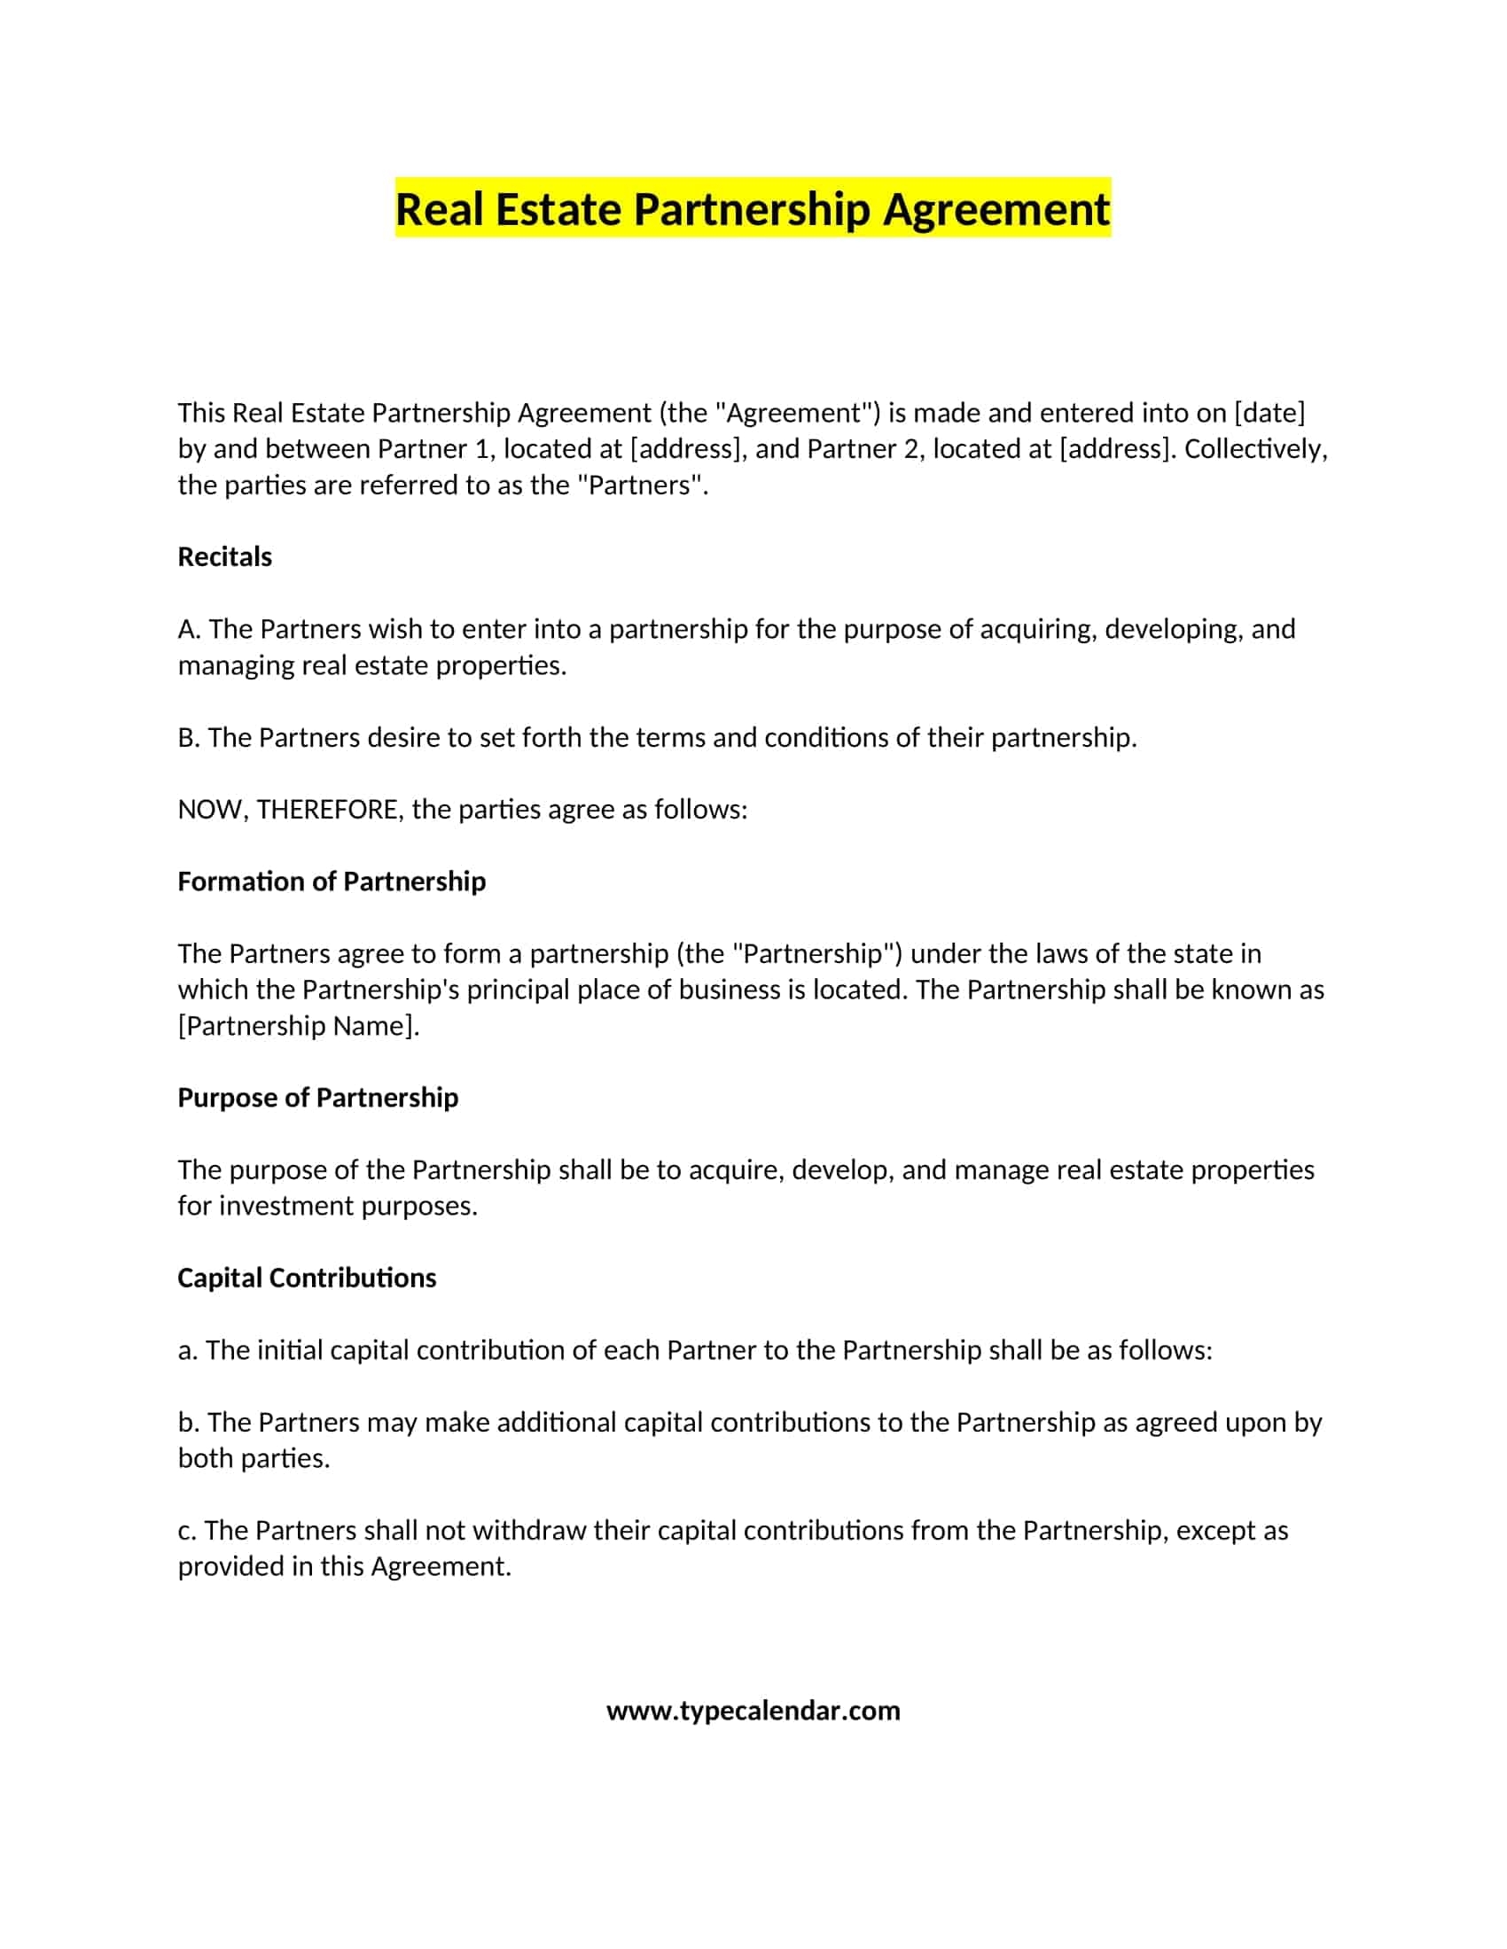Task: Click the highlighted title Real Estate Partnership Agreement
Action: point(753,209)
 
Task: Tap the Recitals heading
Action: point(224,557)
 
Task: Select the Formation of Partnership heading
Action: point(332,881)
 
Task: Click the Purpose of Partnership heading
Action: point(318,1098)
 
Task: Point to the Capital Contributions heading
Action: point(306,1277)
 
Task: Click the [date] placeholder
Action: point(1269,412)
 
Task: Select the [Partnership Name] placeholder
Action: point(298,1026)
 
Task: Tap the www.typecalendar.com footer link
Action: point(753,1711)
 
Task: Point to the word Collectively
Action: point(1256,449)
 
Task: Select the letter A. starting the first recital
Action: point(190,629)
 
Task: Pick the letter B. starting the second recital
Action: point(190,738)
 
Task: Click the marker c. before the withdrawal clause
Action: point(186,1531)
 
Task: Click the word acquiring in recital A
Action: point(1037,629)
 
